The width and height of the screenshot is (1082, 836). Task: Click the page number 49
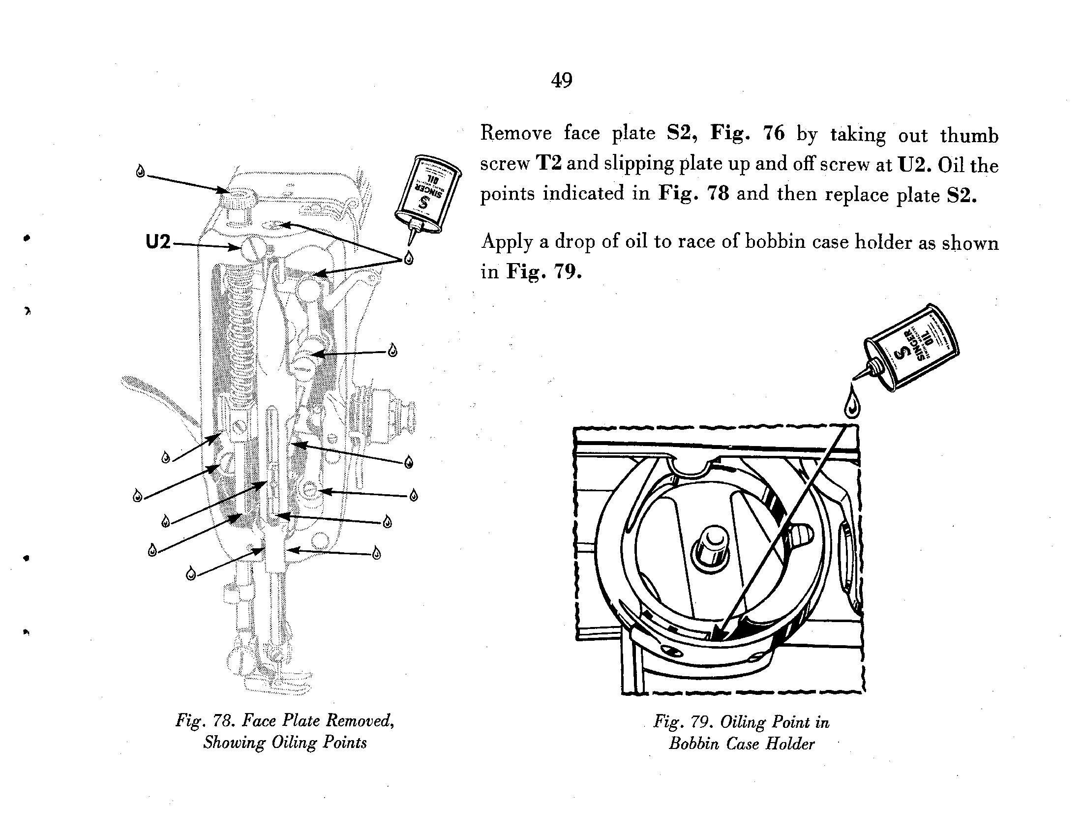click(x=561, y=80)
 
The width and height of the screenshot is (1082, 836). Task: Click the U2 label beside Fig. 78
click(x=158, y=242)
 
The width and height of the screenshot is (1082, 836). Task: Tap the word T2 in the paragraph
click(x=548, y=163)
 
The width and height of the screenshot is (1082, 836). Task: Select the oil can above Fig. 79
click(x=910, y=348)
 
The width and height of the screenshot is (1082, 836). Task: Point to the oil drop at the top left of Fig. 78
click(x=141, y=171)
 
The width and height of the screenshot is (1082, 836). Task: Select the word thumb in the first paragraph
click(x=969, y=135)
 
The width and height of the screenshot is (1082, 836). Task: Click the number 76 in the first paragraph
click(x=773, y=133)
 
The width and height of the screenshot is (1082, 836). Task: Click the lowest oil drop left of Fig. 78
click(x=190, y=574)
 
